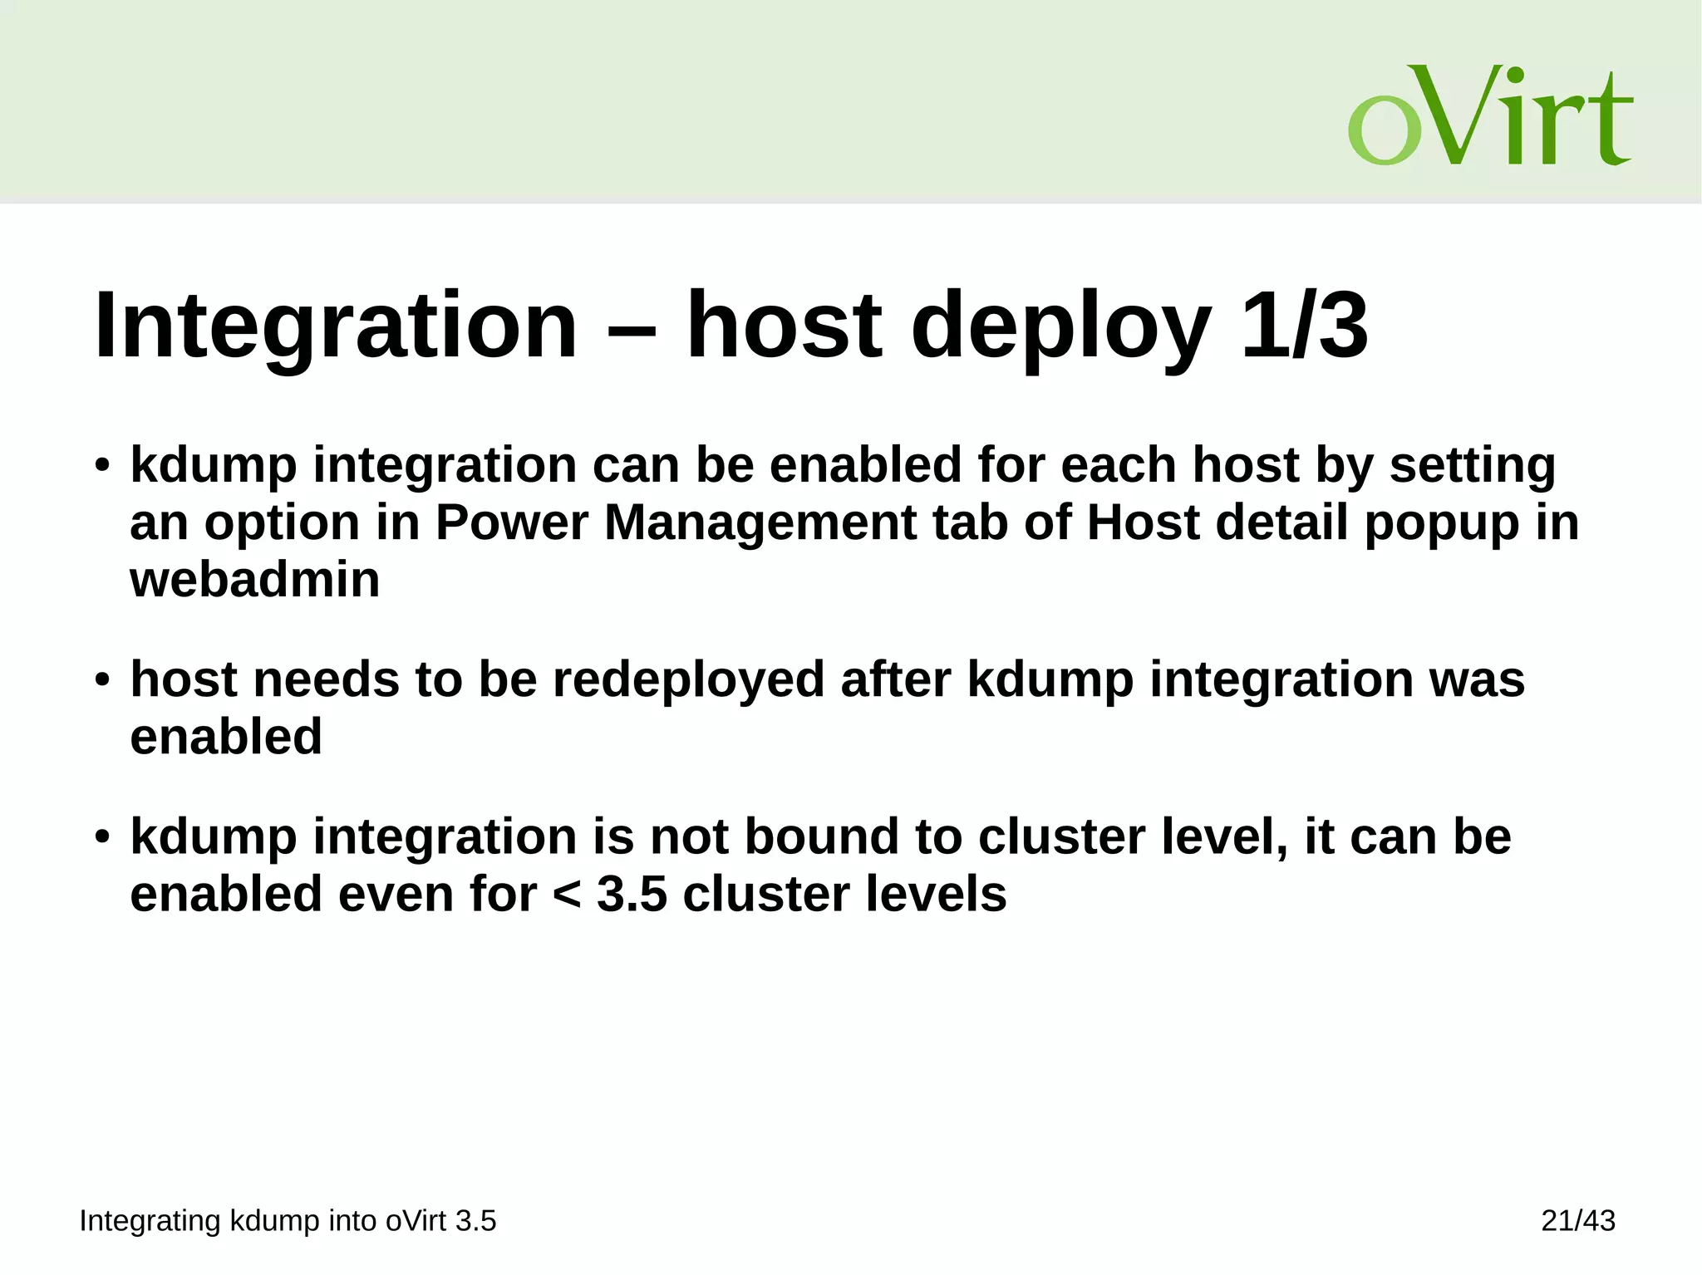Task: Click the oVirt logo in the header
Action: tap(1489, 116)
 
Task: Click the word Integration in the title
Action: tap(336, 326)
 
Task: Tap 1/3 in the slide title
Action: tap(1303, 326)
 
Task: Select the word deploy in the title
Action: tap(1060, 326)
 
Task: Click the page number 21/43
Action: tap(1577, 1221)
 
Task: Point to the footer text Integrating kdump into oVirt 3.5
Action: tap(288, 1221)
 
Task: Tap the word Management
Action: tap(760, 522)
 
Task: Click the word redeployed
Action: tap(689, 679)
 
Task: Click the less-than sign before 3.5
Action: tap(566, 895)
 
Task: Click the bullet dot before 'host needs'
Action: tap(101, 680)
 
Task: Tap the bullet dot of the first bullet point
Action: tap(101, 465)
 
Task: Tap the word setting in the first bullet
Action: tap(1472, 465)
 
